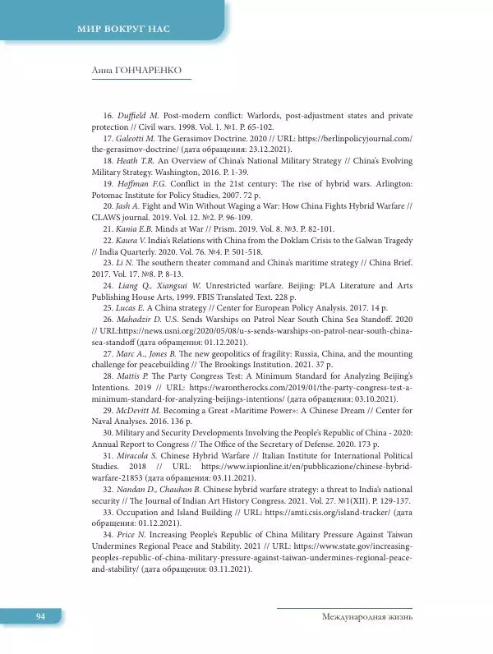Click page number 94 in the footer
(x=40, y=616)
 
